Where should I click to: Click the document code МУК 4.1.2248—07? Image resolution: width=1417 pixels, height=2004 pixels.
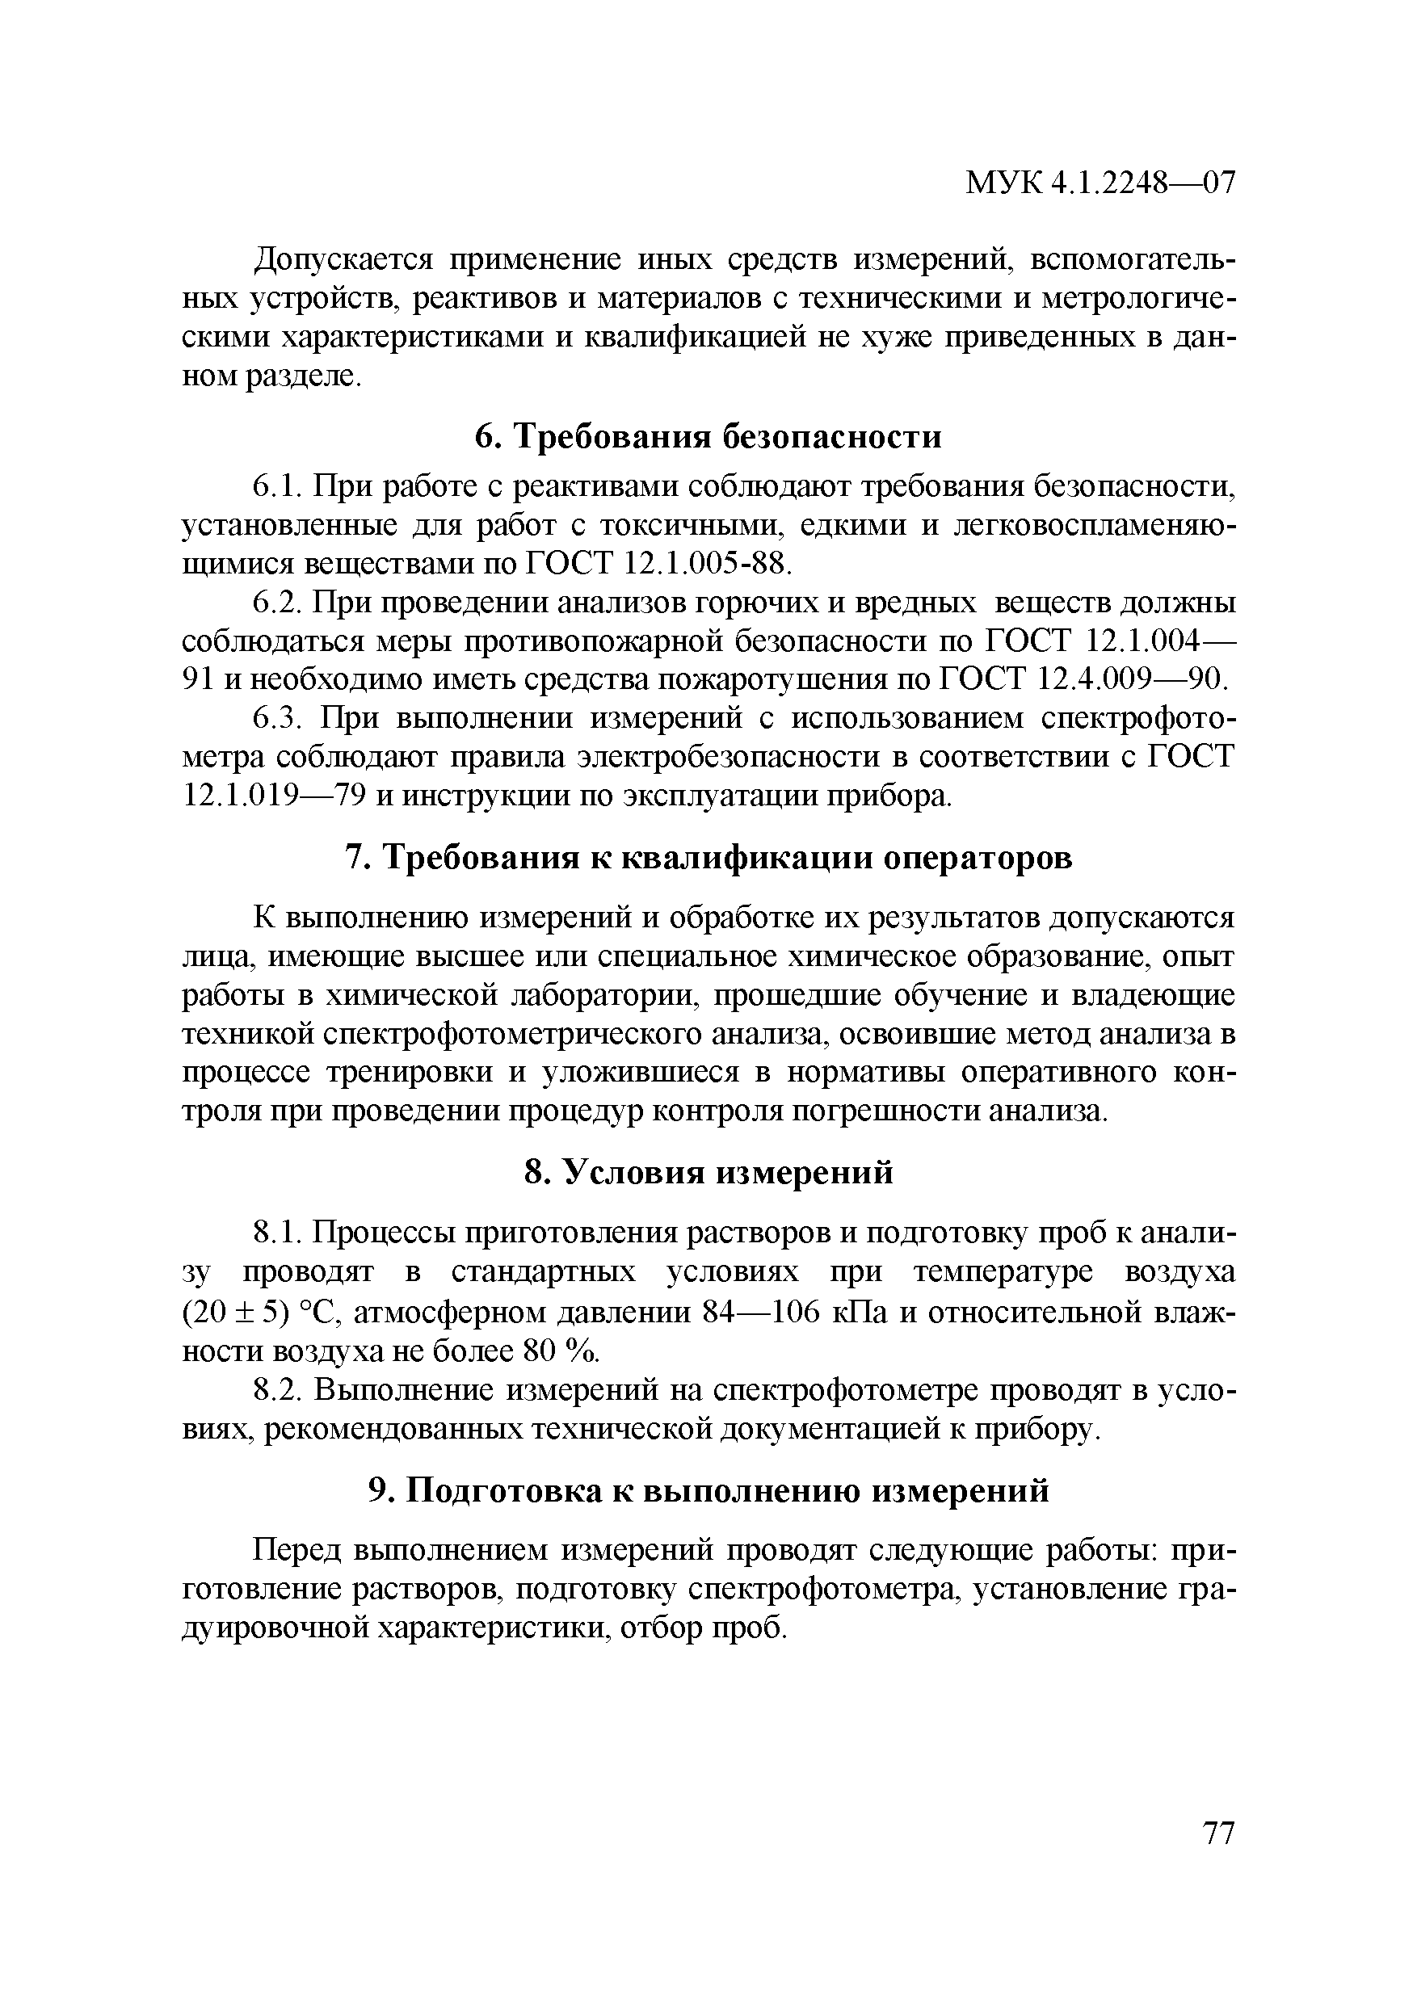click(x=1101, y=183)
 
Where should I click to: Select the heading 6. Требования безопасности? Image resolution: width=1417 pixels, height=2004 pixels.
click(x=708, y=436)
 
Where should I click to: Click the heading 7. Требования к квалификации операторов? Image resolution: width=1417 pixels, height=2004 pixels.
click(x=708, y=858)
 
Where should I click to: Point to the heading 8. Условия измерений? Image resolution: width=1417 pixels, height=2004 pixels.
click(x=708, y=1172)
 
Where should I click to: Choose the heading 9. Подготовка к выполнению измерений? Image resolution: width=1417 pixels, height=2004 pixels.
click(x=708, y=1491)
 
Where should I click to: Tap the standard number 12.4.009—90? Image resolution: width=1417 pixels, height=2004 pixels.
click(x=1134, y=679)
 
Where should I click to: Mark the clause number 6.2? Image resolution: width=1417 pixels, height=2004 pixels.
click(x=278, y=603)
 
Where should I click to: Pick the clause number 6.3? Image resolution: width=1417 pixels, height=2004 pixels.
click(x=278, y=718)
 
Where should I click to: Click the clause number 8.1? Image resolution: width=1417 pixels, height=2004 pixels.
click(x=278, y=1233)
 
